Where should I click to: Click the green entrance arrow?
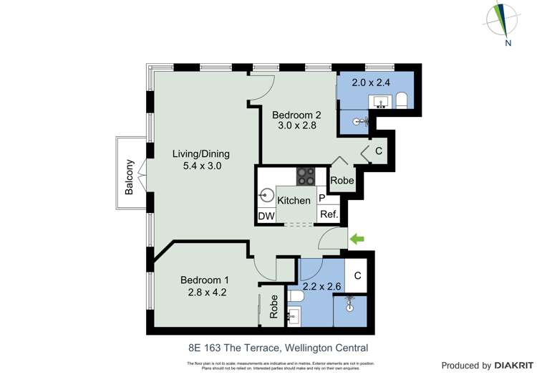point(356,239)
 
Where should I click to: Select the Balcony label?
point(130,177)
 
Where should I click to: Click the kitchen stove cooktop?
point(306,176)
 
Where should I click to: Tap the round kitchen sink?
point(267,194)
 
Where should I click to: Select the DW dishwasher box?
point(266,216)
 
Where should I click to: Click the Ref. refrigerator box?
point(329,214)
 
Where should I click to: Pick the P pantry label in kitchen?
point(322,199)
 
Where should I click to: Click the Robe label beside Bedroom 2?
point(342,181)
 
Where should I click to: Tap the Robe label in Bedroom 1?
point(274,308)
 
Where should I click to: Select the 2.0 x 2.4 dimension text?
point(371,82)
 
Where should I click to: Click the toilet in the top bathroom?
point(401,100)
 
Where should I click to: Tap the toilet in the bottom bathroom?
point(297,296)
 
